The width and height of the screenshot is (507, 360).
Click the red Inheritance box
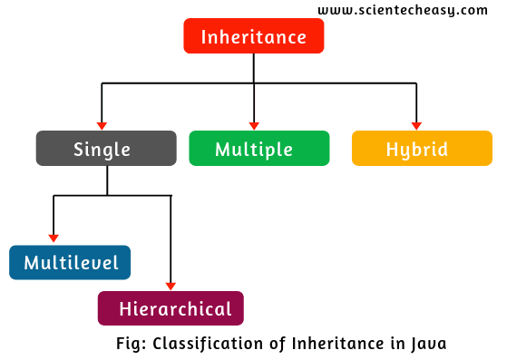253,37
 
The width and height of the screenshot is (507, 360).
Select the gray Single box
106,149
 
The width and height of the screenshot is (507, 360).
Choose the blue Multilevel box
70,263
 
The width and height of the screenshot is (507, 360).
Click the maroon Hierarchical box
171,308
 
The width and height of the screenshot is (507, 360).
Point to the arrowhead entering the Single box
102,125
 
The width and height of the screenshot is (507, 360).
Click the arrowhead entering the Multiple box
254,125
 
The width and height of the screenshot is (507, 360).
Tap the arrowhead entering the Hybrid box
416,125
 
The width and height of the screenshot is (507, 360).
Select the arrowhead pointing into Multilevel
54,239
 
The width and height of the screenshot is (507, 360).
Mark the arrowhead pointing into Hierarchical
171,285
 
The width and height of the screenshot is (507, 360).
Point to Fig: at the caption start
132,344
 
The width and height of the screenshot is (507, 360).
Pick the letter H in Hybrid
392,149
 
